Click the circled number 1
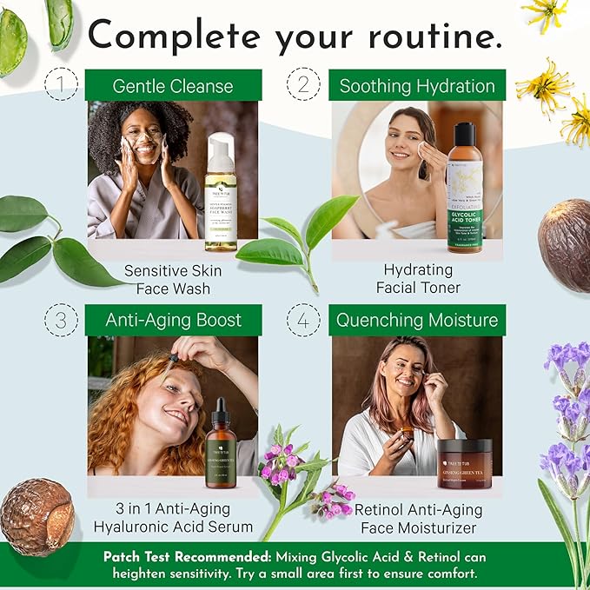[61, 84]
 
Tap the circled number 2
[304, 84]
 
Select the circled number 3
[61, 320]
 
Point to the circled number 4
[304, 320]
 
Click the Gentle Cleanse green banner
[173, 86]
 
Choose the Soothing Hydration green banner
[417, 86]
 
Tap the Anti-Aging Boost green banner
[173, 320]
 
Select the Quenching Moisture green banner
[417, 320]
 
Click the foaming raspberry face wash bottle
[221, 194]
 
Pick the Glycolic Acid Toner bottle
[464, 189]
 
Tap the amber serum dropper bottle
[221, 440]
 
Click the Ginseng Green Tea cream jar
[464, 461]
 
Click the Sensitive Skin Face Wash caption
[173, 279]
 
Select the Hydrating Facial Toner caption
[417, 279]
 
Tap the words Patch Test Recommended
[173, 557]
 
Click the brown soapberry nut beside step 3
[36, 516]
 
